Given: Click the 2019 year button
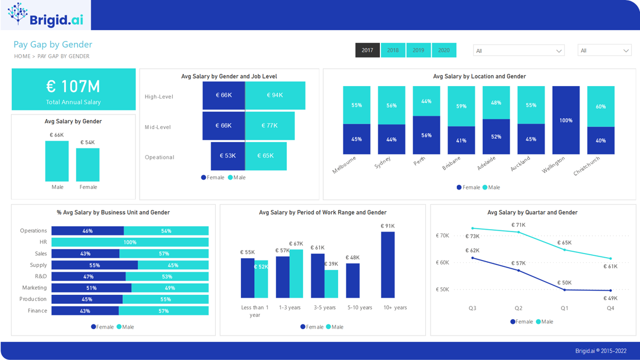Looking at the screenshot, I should tap(418, 50).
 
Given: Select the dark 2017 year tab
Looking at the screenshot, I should tap(367, 50).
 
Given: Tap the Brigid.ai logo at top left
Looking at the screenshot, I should tap(46, 15).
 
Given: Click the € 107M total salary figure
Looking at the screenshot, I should tap(73, 87).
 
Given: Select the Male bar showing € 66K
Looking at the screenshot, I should tap(57, 161).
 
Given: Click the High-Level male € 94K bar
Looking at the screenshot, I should tap(275, 95).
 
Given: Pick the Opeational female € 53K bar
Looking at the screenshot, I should tap(227, 156).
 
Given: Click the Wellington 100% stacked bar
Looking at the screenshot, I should tap(566, 120).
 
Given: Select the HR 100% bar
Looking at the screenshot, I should tap(130, 243).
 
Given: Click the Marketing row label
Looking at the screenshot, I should tap(34, 288).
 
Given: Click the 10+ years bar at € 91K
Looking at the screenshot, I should tap(387, 265).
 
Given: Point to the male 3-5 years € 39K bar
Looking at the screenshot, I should tap(331, 284).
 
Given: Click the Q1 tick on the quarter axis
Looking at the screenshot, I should tap(564, 308).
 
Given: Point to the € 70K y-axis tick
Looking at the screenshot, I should tap(442, 236).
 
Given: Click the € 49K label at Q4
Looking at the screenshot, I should tap(610, 298).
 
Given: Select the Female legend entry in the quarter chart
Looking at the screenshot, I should tap(521, 322).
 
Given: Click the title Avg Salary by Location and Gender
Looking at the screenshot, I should tap(479, 76).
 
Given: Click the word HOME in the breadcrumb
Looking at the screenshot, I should tap(22, 56).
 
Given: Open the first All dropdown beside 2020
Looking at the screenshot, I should tap(518, 51).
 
